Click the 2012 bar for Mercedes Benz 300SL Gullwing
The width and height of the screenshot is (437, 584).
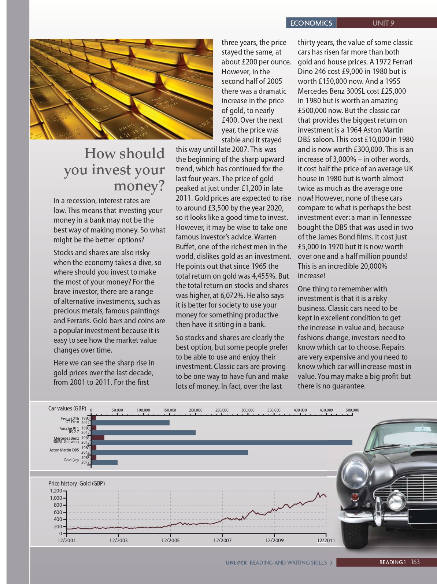tap(222, 443)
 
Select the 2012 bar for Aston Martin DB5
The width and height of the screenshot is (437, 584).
tap(169, 453)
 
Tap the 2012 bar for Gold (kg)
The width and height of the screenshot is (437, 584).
tap(104, 462)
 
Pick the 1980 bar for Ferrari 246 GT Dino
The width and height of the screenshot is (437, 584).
tap(93, 418)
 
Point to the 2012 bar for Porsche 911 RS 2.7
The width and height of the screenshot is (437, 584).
tap(143, 433)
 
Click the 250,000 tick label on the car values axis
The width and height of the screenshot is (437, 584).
tap(222, 410)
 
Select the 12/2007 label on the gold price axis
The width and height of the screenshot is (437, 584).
tap(222, 540)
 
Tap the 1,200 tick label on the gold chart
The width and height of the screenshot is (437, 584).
tap(56, 491)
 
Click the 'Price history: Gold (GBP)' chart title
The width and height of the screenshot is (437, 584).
tap(77, 483)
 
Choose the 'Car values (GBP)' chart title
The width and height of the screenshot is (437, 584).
tap(67, 408)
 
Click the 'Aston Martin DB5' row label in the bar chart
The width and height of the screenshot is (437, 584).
tap(64, 450)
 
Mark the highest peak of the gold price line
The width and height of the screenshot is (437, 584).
tap(318, 492)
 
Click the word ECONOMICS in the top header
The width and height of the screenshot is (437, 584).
tap(311, 23)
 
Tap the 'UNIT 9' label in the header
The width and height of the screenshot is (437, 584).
tap(383, 23)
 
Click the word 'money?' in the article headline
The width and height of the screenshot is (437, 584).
tap(139, 186)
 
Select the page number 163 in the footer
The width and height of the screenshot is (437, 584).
tap(415, 562)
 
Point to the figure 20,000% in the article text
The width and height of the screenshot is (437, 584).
tap(374, 266)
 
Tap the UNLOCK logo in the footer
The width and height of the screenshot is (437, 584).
tap(236, 562)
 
